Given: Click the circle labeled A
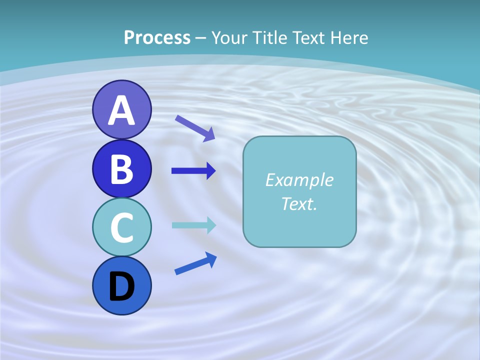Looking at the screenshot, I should pyautogui.click(x=121, y=109).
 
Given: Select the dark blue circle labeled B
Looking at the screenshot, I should pyautogui.click(x=121, y=168).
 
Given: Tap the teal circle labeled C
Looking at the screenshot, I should pyautogui.click(x=121, y=227).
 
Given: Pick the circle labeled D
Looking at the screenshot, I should pyautogui.click(x=121, y=285).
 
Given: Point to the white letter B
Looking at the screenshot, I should pyautogui.click(x=121, y=169).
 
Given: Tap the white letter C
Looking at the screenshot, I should pyautogui.click(x=121, y=227).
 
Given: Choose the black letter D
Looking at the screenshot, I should pyautogui.click(x=121, y=286).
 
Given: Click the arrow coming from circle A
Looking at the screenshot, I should pyautogui.click(x=195, y=128).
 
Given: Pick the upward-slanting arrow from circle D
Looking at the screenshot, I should pyautogui.click(x=195, y=263).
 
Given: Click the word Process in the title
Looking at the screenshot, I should pyautogui.click(x=157, y=38).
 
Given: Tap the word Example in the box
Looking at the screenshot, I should pyautogui.click(x=299, y=180).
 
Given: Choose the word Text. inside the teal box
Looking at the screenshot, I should pyautogui.click(x=299, y=203).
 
